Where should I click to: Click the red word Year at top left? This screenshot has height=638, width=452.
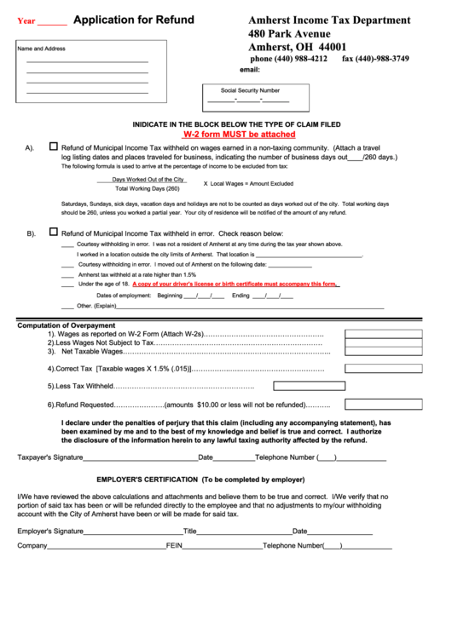tap(26, 21)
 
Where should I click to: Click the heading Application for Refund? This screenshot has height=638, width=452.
tap(133, 20)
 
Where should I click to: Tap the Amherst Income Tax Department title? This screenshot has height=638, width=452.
tap(328, 20)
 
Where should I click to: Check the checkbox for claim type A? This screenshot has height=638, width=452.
tap(53, 146)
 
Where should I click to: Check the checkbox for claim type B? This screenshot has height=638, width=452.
tap(53, 232)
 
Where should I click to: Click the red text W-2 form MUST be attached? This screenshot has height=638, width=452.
tap(240, 135)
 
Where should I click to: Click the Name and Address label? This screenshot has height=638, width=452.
tap(42, 49)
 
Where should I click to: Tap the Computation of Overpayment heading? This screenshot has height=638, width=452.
tap(66, 325)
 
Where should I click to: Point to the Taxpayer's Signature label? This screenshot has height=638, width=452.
tap(50, 457)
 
